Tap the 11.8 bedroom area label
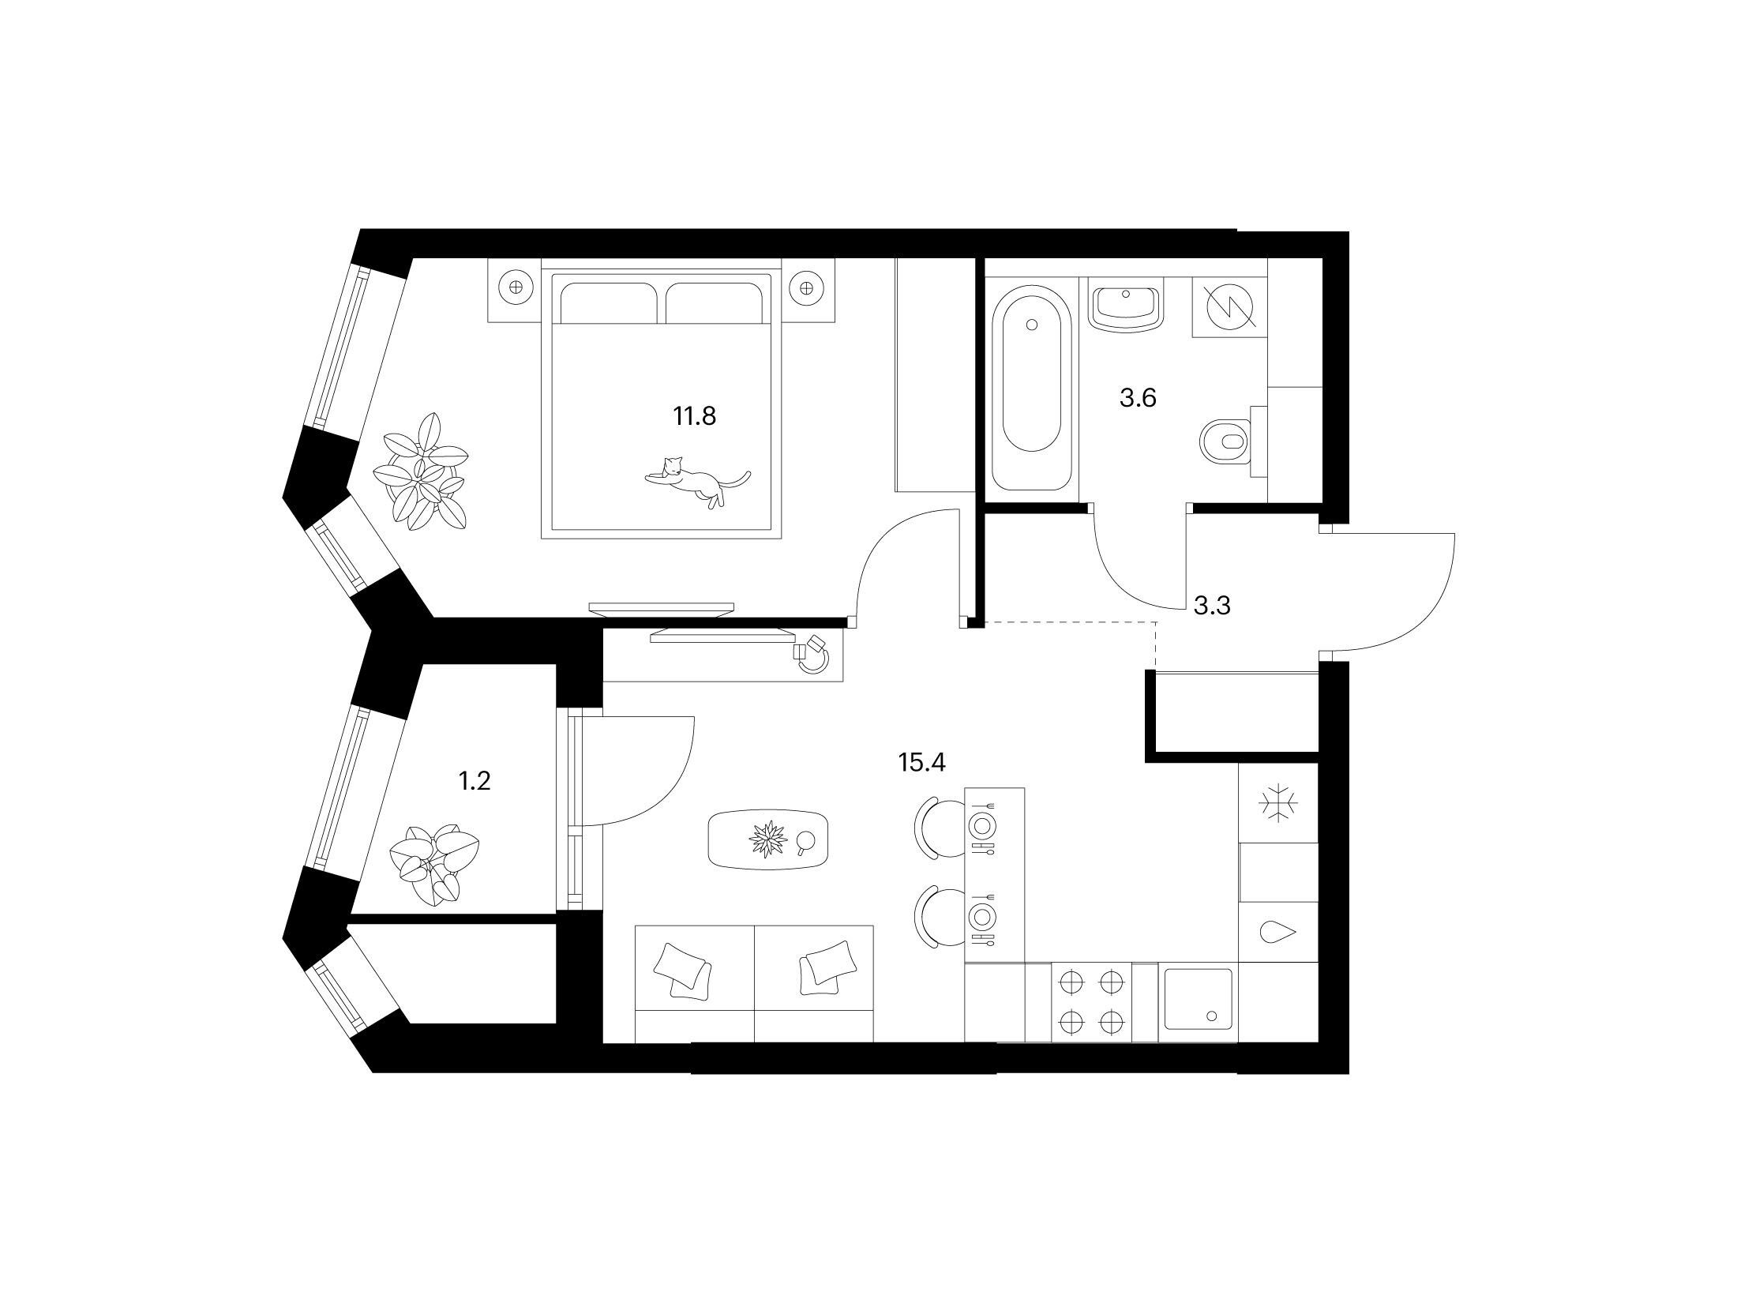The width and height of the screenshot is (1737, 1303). (x=694, y=415)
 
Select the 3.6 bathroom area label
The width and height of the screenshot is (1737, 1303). (x=1138, y=398)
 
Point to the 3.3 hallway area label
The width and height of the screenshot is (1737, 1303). (x=1213, y=606)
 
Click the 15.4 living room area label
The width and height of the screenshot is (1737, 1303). (x=921, y=762)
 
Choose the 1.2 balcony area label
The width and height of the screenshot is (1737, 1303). (x=475, y=781)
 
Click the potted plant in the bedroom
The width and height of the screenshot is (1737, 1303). (x=422, y=471)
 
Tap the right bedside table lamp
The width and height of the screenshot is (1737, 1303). (x=806, y=288)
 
